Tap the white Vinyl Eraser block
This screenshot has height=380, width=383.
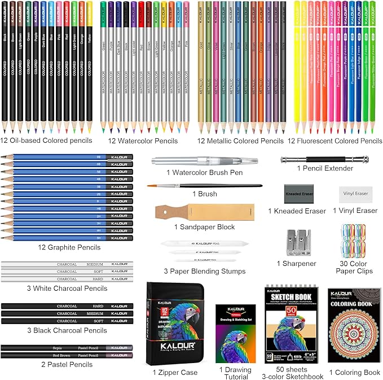[x=354, y=193]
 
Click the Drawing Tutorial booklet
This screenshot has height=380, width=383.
[x=236, y=334]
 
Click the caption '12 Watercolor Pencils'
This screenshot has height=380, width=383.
[x=138, y=141]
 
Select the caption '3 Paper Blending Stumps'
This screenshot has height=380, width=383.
[x=204, y=272]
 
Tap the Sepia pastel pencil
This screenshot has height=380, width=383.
[x=67, y=348]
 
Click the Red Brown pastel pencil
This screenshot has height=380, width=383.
[x=67, y=355]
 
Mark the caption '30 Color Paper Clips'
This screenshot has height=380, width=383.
[x=353, y=267]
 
